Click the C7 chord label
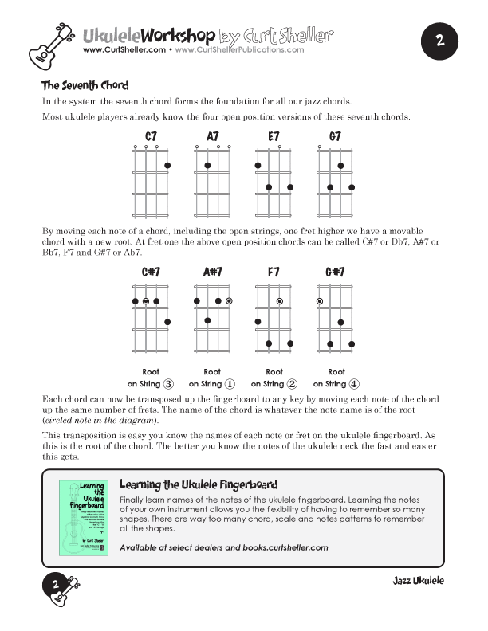[151, 137]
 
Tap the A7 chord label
[213, 137]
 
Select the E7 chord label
[274, 137]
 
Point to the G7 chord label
[335, 137]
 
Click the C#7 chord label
[151, 272]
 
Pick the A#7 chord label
[213, 272]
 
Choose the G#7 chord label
[335, 272]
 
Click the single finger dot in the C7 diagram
[167, 166]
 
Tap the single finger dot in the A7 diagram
[207, 166]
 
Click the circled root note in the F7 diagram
[280, 301]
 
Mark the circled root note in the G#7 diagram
[320, 301]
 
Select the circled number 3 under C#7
[168, 384]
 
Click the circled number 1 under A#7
[230, 384]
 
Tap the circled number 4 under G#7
[354, 384]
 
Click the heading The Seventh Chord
[85, 86]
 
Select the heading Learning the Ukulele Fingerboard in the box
[198, 484]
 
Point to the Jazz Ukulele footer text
[418, 581]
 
